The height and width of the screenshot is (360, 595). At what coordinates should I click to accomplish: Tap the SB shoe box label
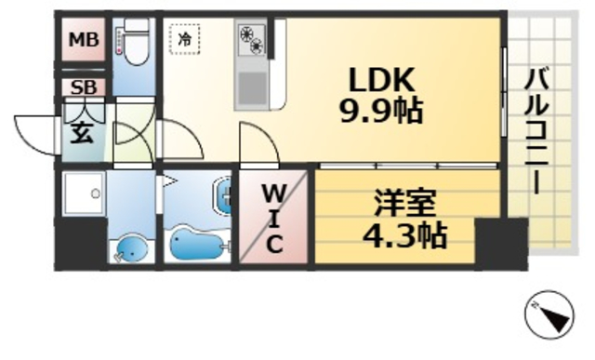(x=83, y=88)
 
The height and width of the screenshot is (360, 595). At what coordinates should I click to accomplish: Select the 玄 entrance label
(x=82, y=131)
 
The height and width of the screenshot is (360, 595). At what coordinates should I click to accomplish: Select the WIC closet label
(x=275, y=219)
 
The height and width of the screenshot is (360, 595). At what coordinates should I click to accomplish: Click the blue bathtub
(x=197, y=245)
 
